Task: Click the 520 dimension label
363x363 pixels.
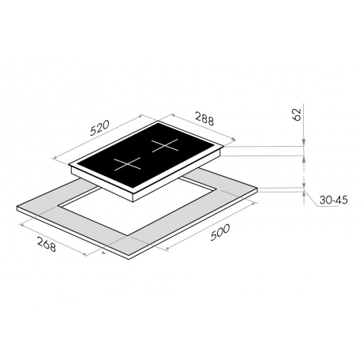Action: point(99,128)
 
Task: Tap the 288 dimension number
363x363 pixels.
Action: point(204,118)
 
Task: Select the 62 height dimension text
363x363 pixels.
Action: point(297,114)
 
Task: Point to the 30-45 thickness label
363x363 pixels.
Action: point(334,200)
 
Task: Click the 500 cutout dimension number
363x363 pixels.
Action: point(220,232)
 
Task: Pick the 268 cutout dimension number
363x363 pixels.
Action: point(47,244)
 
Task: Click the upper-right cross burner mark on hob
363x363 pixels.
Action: point(165,145)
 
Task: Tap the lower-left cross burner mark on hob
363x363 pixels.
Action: point(127,164)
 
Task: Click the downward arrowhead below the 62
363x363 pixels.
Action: point(304,143)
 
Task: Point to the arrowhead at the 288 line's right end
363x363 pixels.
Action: point(233,140)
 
